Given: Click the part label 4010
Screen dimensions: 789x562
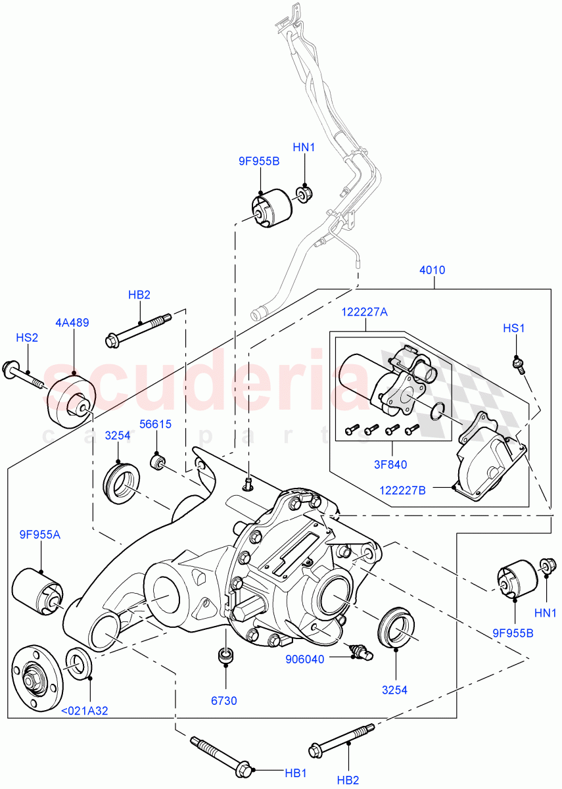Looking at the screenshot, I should click(433, 270).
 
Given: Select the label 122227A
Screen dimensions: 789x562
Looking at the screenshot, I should click(363, 313).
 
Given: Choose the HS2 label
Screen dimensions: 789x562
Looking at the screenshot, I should click(27, 337).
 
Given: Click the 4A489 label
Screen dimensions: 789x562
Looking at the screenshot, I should click(72, 323).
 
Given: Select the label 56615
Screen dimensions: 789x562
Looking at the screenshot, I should click(155, 424).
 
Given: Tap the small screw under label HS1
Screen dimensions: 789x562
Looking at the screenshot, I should click(520, 364).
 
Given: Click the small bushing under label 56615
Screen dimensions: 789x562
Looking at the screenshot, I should click(158, 462).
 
